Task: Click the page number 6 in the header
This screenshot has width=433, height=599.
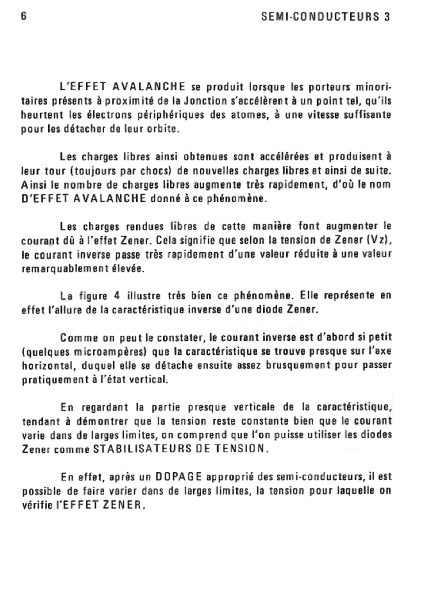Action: coord(24,16)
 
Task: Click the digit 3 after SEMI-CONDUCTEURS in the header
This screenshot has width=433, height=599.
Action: coord(387,17)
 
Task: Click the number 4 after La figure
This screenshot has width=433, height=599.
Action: coord(117,295)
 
